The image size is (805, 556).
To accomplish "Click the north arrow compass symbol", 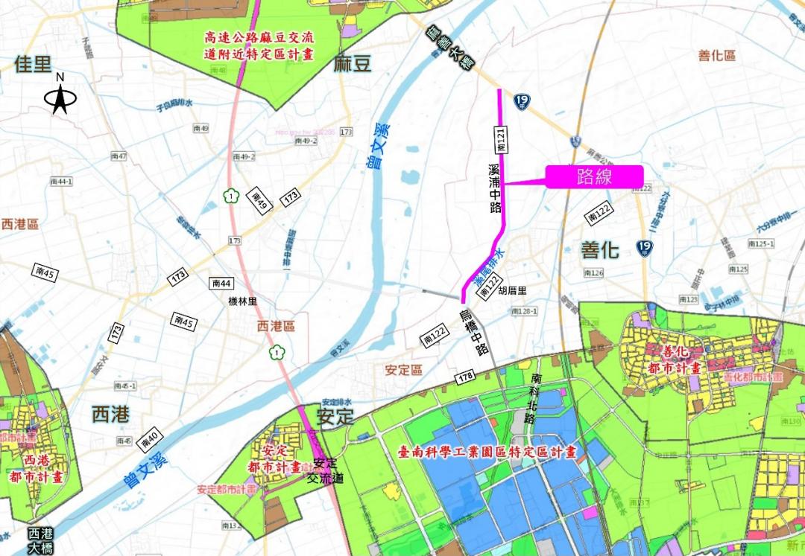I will click(x=60, y=97).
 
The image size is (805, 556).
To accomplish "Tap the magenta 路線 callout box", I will click(x=594, y=176).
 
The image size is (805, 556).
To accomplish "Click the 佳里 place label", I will click(x=35, y=65).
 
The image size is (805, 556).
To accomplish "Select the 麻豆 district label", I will click(x=353, y=63).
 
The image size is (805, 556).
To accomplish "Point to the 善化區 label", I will click(x=717, y=56).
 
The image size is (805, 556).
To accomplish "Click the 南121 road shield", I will click(x=502, y=140).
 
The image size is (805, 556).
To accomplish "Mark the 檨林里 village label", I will click(x=242, y=302).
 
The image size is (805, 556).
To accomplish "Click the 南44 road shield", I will click(x=222, y=283).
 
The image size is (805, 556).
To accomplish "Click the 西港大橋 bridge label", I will click(x=41, y=540).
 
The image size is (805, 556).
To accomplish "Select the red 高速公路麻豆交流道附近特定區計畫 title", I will click(x=259, y=45).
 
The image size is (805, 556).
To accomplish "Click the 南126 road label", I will click(x=593, y=273).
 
